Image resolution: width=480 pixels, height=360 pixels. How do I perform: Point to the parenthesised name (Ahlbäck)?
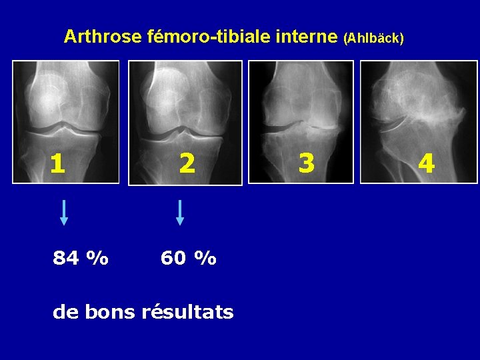(x=373, y=39)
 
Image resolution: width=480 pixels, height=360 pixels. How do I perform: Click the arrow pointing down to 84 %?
(x=64, y=212)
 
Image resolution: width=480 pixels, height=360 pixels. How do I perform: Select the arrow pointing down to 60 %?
(x=179, y=212)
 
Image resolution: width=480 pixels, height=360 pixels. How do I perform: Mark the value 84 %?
(x=81, y=257)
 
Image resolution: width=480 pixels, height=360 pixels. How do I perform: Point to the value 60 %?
(x=189, y=257)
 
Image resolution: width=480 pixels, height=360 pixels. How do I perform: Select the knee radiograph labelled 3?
(x=301, y=121)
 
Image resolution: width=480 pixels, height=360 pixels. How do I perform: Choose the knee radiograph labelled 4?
(x=419, y=121)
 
